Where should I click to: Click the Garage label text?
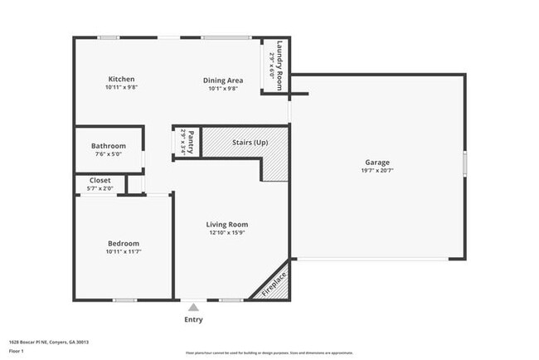click(x=376, y=162)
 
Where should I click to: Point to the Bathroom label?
click(x=109, y=146)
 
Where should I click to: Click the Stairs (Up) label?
click(x=250, y=143)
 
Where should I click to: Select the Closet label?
click(x=100, y=180)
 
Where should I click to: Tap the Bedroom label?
click(x=123, y=243)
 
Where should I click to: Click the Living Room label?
click(x=226, y=224)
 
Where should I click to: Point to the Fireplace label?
click(x=274, y=284)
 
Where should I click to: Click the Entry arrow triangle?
click(x=193, y=307)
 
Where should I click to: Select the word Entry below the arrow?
click(x=193, y=319)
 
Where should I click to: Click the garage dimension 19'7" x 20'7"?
click(x=376, y=170)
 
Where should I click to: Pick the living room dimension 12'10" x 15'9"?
click(x=226, y=232)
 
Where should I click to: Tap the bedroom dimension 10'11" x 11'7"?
click(x=123, y=251)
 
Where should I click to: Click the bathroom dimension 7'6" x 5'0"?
click(x=109, y=153)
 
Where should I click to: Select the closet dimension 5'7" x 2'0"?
click(x=100, y=187)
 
